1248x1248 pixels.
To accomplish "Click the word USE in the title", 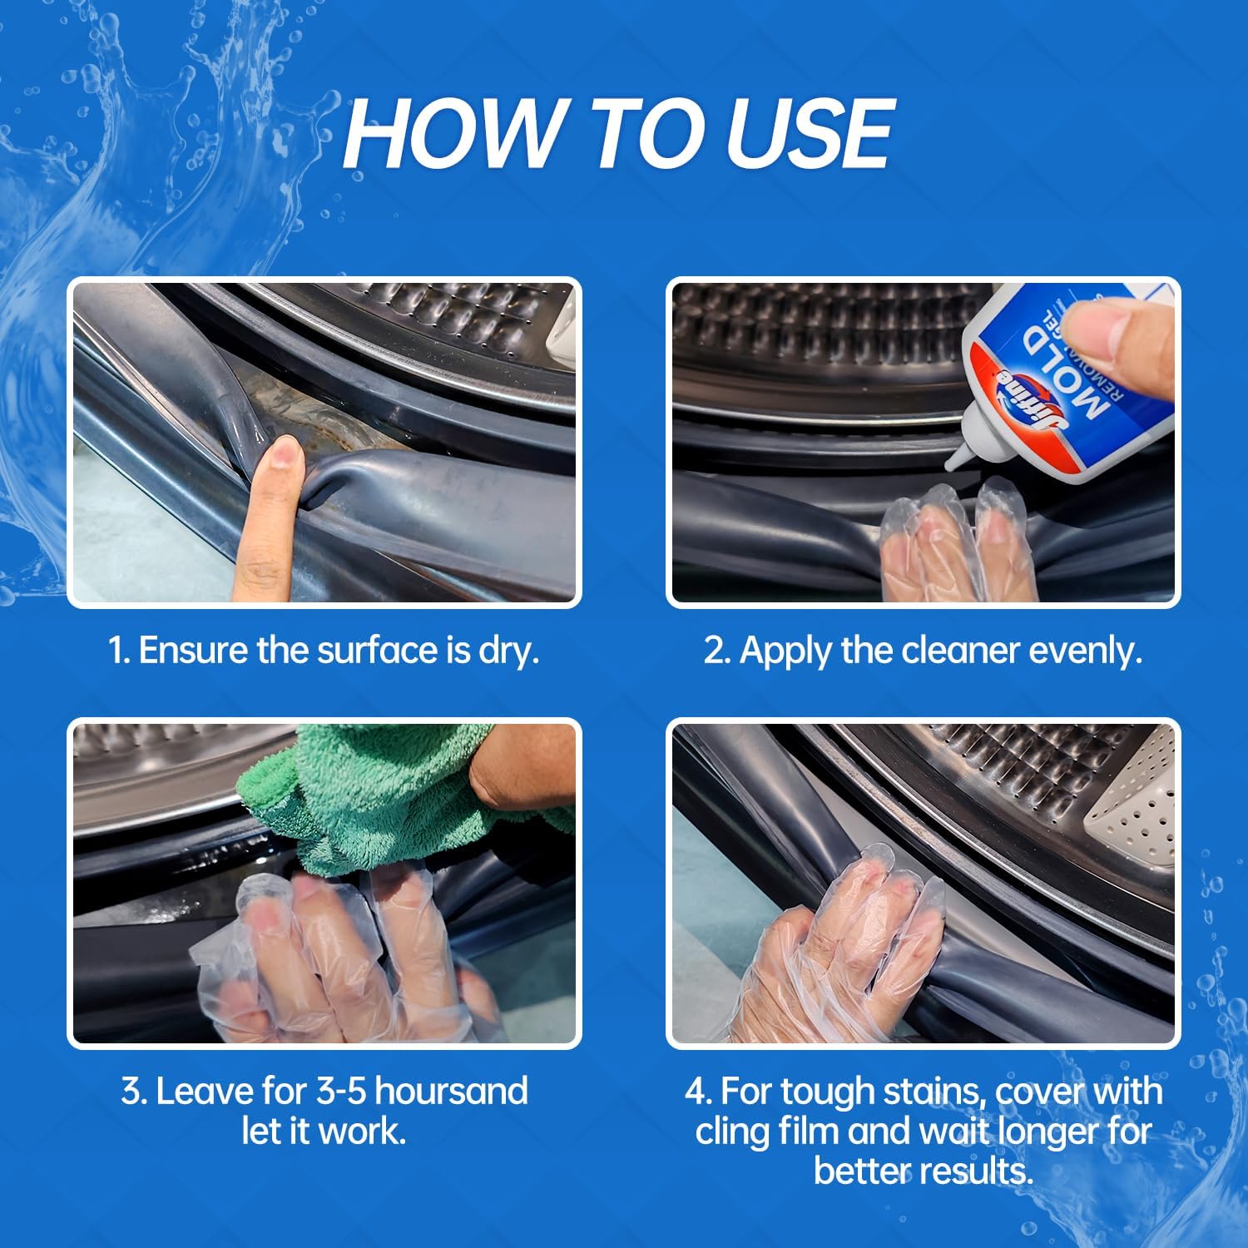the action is [810, 133].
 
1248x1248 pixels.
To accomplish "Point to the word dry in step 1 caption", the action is [508, 650].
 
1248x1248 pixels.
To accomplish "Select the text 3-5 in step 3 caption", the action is [344, 1091].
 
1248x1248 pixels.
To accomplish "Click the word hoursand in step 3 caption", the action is [453, 1091].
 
